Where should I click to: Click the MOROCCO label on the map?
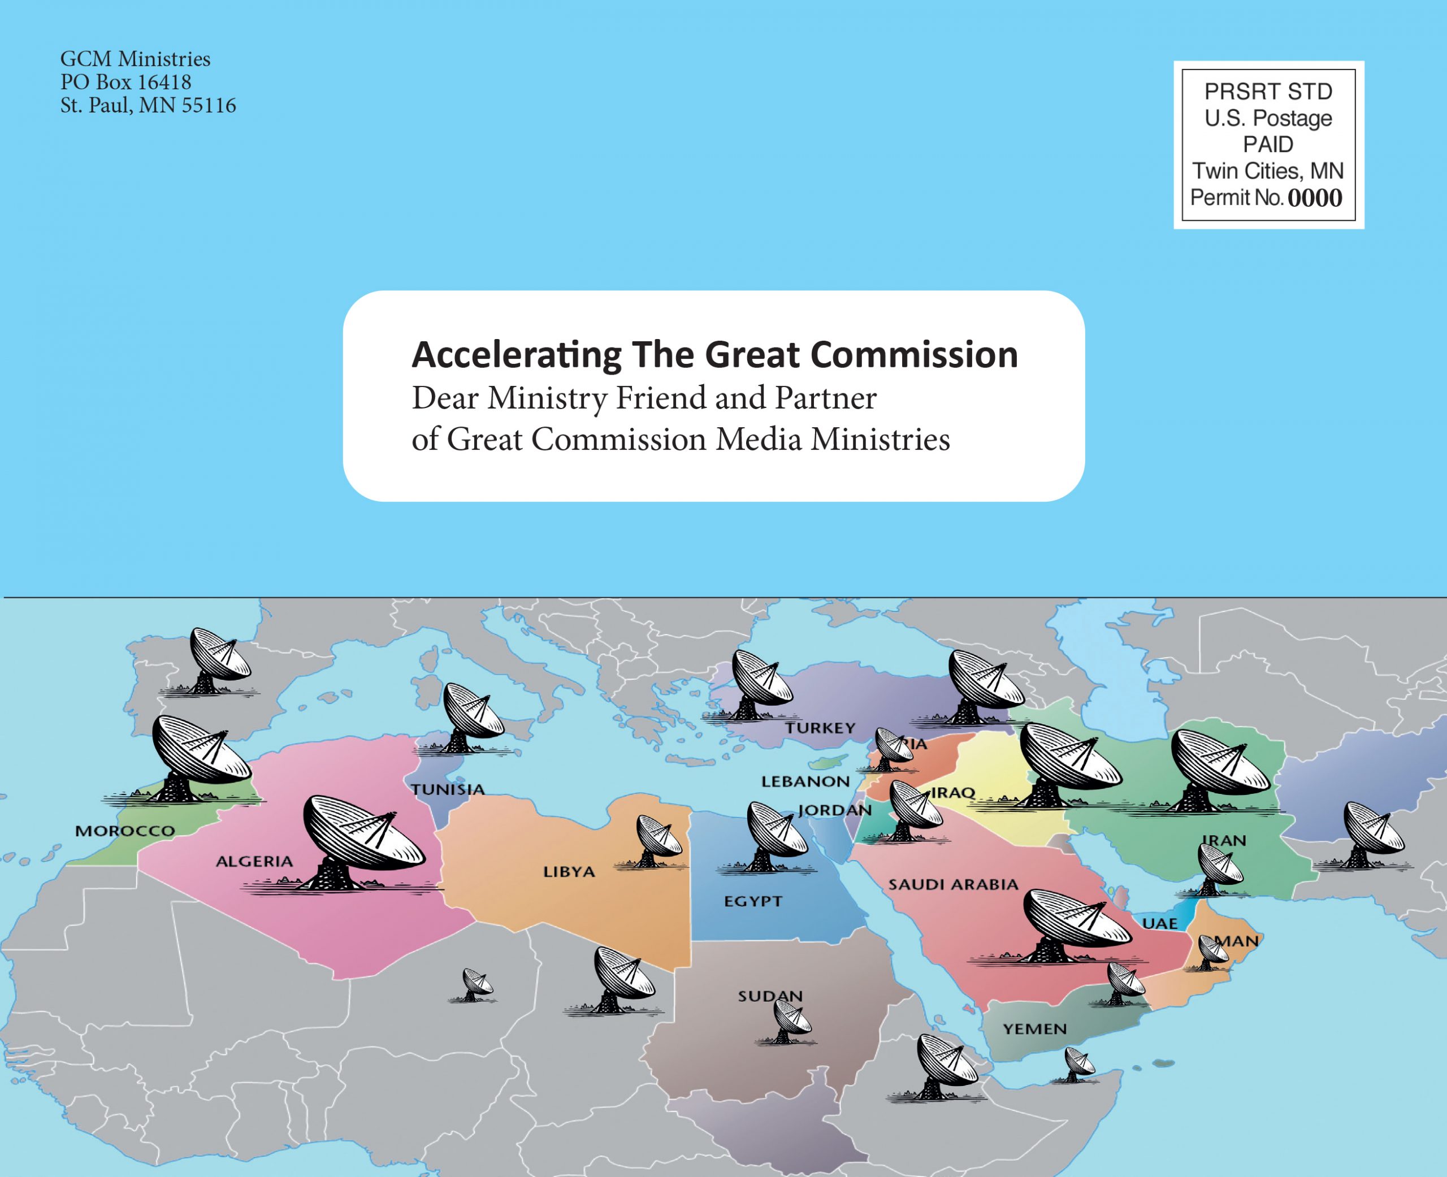(x=125, y=831)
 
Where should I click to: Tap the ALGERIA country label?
(x=254, y=862)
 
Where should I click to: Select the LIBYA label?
(x=569, y=872)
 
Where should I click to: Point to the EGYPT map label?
(x=753, y=901)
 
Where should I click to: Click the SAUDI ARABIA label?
(x=954, y=884)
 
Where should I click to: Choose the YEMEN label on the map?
(x=1035, y=1028)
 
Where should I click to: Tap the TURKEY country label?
(x=821, y=728)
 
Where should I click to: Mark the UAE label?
(x=1159, y=923)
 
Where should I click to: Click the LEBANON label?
(x=805, y=781)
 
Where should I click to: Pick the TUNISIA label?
(x=448, y=789)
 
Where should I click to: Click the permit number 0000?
(x=1315, y=198)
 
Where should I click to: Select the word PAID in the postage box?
(x=1268, y=145)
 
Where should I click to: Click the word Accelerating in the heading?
(x=517, y=355)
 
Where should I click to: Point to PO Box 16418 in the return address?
(x=126, y=82)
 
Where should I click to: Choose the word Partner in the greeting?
(x=825, y=398)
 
